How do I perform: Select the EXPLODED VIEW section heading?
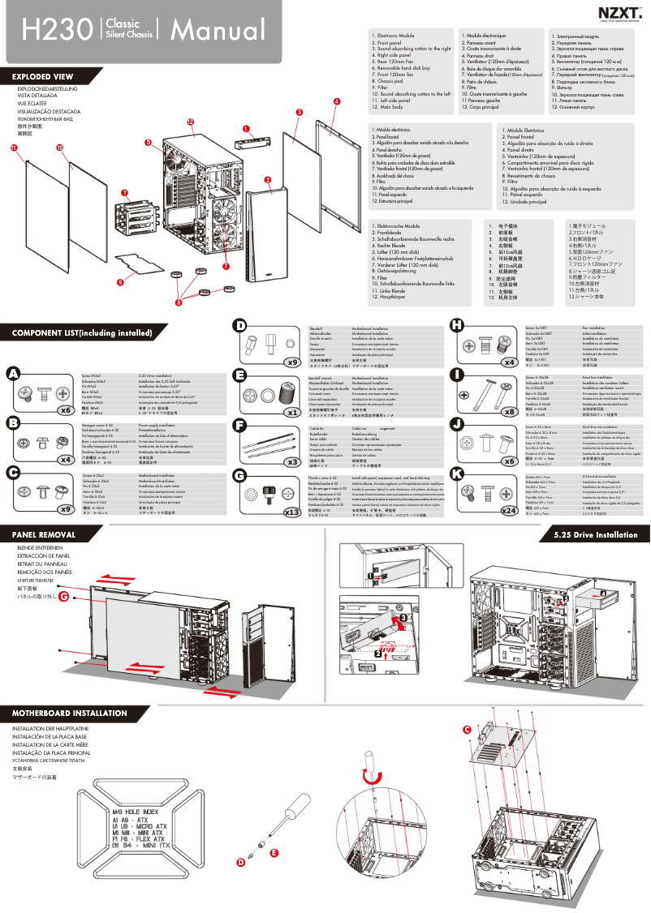tap(43, 77)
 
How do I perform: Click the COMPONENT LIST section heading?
tap(82, 332)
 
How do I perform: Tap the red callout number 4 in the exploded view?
tap(336, 101)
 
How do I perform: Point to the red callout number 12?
tap(190, 122)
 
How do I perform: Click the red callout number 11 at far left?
tap(14, 148)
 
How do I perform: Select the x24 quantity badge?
tap(510, 487)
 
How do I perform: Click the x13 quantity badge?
tap(292, 489)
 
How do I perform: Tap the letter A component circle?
tap(13, 373)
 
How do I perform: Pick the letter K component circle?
tap(457, 472)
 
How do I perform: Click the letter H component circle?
tap(457, 325)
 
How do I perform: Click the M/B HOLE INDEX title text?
tap(136, 811)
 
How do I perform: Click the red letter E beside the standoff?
tap(274, 853)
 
